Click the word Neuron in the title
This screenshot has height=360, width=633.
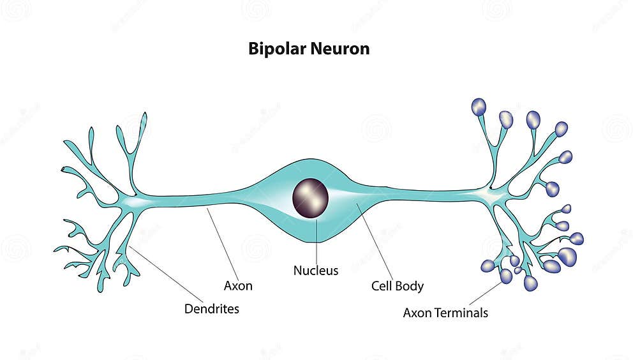click(x=339, y=49)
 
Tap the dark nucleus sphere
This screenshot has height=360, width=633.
click(x=310, y=199)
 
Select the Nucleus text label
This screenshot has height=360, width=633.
click(x=315, y=271)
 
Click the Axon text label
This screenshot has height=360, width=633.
click(x=238, y=286)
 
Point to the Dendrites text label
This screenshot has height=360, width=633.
click(x=211, y=309)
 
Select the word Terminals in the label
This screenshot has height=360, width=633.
click(x=459, y=313)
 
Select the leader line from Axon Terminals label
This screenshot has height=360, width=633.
click(x=485, y=293)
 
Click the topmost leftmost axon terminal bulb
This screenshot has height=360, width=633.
click(x=479, y=107)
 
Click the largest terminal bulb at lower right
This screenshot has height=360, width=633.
click(x=567, y=257)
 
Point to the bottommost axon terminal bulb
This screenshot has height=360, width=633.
click(x=530, y=283)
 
